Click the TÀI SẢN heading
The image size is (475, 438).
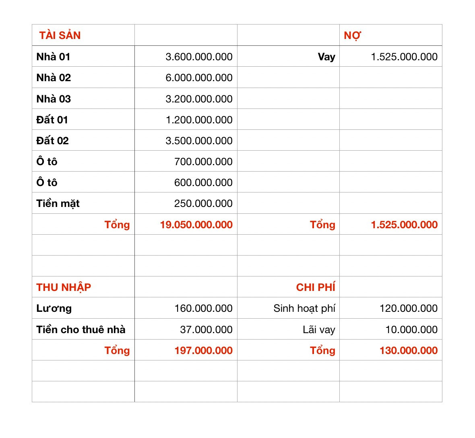pyautogui.click(x=60, y=35)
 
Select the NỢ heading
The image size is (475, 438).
pyautogui.click(x=352, y=36)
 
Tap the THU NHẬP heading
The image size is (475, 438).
pyautogui.click(x=64, y=287)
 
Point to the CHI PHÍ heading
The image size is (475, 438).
pyautogui.click(x=316, y=287)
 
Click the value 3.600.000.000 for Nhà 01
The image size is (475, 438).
pyautogui.click(x=199, y=57)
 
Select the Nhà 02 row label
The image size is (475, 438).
pyautogui.click(x=54, y=78)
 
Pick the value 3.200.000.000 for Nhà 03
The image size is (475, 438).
pyautogui.click(x=199, y=99)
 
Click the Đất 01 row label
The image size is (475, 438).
pyautogui.click(x=52, y=120)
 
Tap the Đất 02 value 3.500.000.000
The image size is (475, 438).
pyautogui.click(x=199, y=141)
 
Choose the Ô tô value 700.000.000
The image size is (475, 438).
pyautogui.click(x=203, y=162)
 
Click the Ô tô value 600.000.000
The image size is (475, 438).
pyautogui.click(x=203, y=182)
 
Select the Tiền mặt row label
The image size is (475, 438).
pyautogui.click(x=58, y=204)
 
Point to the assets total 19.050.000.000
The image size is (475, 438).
pyautogui.click(x=196, y=225)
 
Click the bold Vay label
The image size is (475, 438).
pyautogui.click(x=326, y=57)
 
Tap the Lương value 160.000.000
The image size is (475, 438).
pyautogui.click(x=203, y=308)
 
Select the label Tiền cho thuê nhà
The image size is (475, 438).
pyautogui.click(x=81, y=330)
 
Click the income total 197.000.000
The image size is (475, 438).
pyautogui.click(x=203, y=350)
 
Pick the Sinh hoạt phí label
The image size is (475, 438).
pyautogui.click(x=304, y=308)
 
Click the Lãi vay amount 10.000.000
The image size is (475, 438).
pyautogui.click(x=411, y=330)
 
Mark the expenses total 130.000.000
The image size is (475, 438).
pyautogui.click(x=409, y=350)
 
